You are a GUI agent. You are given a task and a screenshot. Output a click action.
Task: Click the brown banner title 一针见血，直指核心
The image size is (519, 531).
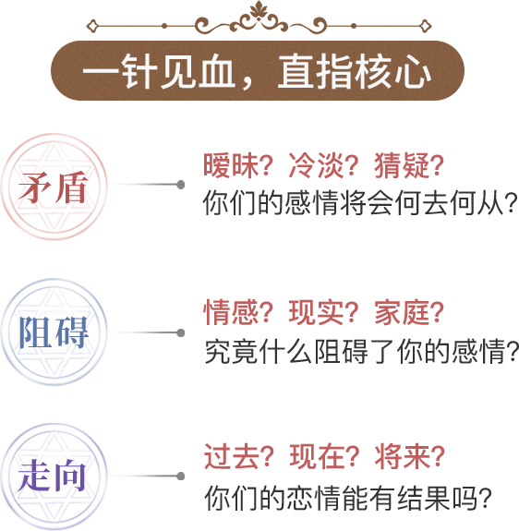click(x=257, y=71)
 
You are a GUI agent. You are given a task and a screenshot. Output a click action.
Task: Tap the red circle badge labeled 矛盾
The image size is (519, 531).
click(x=54, y=187)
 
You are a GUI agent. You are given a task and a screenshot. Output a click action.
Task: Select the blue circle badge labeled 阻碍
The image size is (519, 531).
click(x=54, y=332)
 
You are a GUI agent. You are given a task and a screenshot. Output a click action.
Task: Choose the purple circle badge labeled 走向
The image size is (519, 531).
click(x=54, y=477)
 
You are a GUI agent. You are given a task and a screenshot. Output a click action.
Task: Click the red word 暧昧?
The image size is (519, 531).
click(x=238, y=165)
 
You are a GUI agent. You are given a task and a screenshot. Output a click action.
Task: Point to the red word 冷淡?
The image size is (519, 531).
click(x=323, y=165)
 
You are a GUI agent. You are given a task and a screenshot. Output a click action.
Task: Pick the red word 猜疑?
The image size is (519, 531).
click(x=409, y=165)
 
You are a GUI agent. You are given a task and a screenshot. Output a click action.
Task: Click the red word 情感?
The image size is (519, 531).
click(x=238, y=312)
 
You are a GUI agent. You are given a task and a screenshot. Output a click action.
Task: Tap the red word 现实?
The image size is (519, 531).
click(x=323, y=312)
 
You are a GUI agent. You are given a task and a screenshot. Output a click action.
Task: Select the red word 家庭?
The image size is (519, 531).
click(x=409, y=312)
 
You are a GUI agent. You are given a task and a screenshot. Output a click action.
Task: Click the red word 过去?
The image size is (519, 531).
click(x=238, y=456)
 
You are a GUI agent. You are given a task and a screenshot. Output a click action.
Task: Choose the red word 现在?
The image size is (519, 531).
click(x=324, y=456)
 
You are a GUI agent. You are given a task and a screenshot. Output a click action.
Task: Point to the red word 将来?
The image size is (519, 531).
click(x=410, y=456)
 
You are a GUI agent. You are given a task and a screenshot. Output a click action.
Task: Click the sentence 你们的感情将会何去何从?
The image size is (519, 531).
click(x=360, y=203)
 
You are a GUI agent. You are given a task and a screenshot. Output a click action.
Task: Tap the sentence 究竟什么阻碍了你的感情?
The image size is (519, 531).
click(x=362, y=351)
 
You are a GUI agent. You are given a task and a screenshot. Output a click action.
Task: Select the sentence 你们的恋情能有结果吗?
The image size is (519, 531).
click(x=347, y=498)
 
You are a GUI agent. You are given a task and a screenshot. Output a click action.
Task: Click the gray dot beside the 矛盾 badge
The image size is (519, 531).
click(x=181, y=185)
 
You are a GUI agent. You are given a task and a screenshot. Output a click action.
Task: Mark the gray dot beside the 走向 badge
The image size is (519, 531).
click(x=181, y=477)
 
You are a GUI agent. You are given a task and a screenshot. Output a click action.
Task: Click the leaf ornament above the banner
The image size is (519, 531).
click(x=259, y=9)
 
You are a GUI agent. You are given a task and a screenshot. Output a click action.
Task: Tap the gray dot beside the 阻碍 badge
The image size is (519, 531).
click(x=181, y=332)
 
